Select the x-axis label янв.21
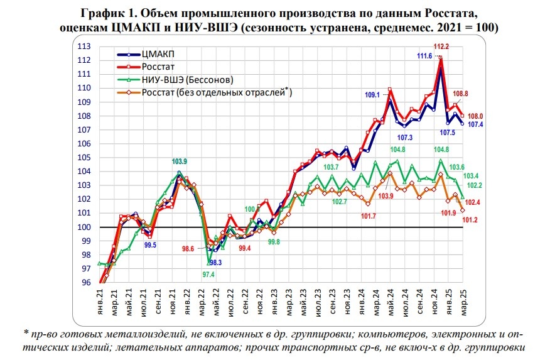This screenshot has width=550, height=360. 100,304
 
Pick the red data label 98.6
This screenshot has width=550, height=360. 189,249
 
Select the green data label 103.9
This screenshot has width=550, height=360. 180,162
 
